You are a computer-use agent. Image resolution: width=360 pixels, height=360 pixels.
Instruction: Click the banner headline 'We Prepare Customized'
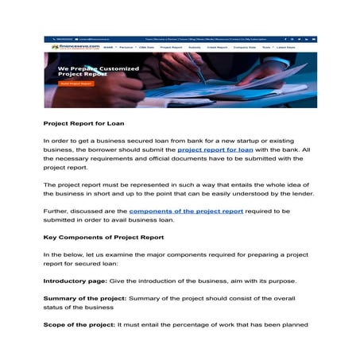tap(99, 69)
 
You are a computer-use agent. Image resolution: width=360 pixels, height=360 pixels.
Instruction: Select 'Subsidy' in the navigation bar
tap(195, 48)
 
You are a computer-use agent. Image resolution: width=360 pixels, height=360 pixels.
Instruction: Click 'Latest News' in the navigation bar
tap(286, 48)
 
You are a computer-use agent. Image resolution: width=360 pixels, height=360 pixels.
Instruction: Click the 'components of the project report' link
tap(186, 211)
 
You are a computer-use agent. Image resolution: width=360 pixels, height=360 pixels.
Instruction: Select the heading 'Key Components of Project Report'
tap(103, 238)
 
